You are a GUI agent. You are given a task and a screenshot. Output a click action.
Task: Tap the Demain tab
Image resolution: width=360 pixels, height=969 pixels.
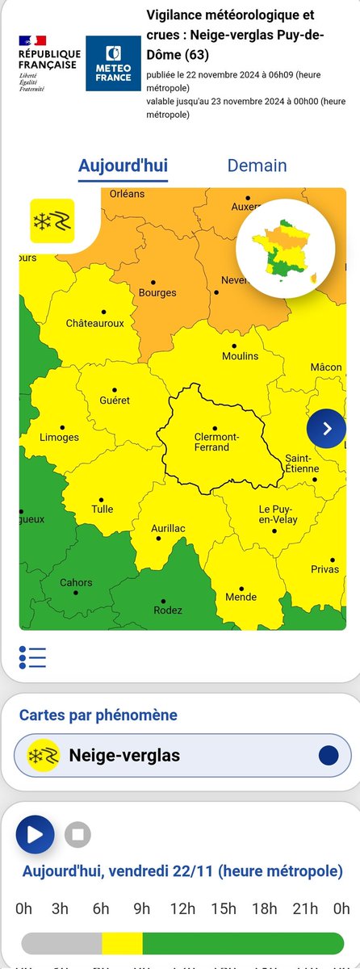[x=257, y=166]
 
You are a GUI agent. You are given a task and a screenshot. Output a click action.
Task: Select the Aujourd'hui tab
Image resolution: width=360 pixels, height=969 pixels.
[x=123, y=166]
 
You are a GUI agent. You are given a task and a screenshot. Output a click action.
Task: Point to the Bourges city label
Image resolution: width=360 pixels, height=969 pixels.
[x=157, y=292]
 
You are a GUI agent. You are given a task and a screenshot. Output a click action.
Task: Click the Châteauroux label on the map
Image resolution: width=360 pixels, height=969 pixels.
[x=94, y=323]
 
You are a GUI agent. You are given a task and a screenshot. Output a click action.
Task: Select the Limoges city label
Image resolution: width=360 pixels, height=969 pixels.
[x=60, y=437]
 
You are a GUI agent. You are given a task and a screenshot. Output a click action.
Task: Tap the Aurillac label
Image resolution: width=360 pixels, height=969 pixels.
[x=169, y=527]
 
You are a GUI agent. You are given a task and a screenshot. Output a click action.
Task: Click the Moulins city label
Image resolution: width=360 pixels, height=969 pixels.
[x=240, y=356]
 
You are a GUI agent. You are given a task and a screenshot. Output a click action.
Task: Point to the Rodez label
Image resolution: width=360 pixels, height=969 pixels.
[x=169, y=610]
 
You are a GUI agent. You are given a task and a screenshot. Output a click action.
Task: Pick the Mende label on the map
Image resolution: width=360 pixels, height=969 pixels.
[x=241, y=597]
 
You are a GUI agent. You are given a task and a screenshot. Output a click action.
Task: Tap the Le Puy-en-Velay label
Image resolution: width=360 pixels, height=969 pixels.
[x=278, y=514]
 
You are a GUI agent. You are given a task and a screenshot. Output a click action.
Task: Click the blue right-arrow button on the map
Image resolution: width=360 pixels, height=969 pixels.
[x=326, y=429]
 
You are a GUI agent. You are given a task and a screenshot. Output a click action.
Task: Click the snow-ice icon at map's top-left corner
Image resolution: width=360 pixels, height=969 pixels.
[x=52, y=220]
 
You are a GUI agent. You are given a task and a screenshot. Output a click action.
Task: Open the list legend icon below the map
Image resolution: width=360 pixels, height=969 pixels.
[x=32, y=657]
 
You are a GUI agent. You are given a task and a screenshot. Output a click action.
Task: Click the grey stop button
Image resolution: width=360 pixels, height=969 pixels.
[x=77, y=834]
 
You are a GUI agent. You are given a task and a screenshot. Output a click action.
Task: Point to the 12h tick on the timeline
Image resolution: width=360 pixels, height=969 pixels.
[x=184, y=908]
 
